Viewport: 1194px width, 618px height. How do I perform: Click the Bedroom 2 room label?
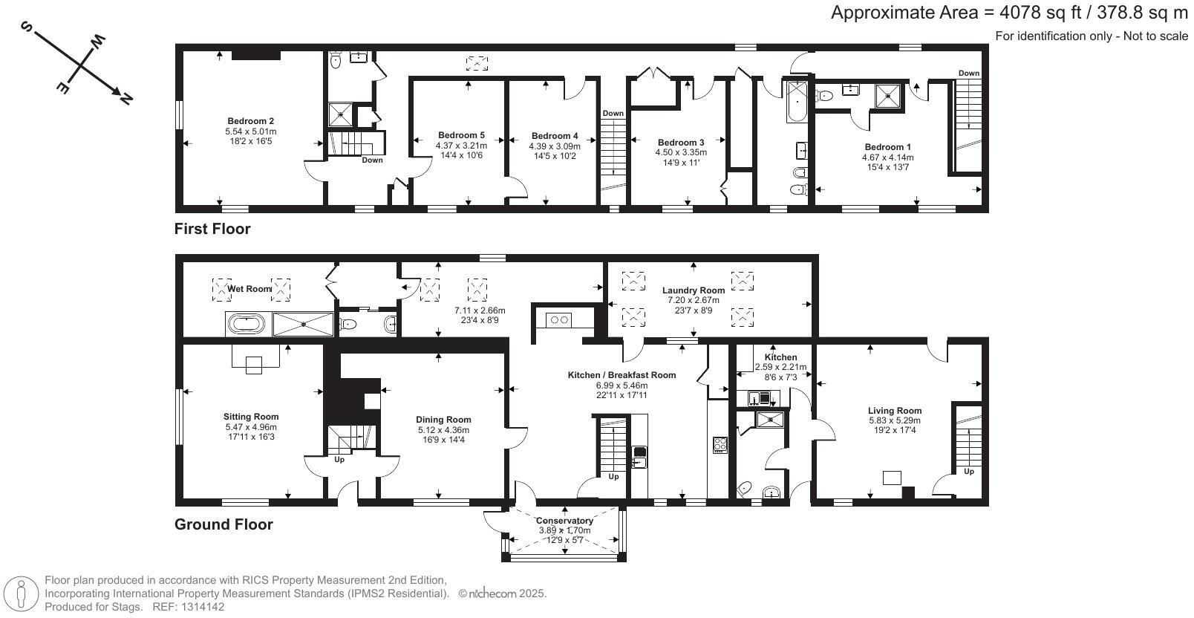250,121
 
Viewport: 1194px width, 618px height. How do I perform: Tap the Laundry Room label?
693,290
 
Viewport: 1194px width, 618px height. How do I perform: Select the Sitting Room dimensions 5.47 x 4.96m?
251,427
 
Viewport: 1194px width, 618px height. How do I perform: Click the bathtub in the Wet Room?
247,324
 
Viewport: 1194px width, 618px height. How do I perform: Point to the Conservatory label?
564,521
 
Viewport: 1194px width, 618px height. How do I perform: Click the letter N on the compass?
125,99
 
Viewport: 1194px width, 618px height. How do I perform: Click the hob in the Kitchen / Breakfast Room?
720,445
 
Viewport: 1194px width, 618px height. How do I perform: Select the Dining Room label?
443,420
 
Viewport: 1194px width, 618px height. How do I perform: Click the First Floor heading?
212,229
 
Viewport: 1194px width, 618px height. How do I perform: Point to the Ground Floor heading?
224,524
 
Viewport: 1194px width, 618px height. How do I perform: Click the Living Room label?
895,411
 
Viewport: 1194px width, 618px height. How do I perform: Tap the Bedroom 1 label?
887,146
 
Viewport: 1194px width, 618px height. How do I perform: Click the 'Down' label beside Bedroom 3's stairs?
613,113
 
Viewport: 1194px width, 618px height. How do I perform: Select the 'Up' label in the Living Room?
968,472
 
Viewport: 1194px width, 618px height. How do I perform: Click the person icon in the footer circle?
21,593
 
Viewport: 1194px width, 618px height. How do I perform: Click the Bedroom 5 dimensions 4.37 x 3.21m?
461,146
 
